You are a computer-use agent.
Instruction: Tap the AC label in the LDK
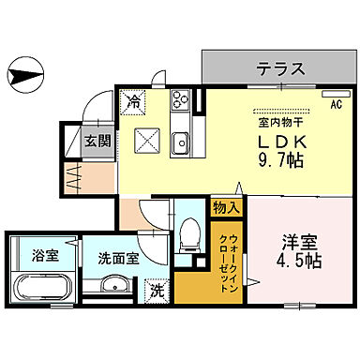335,104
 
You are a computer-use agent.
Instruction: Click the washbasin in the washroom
113,286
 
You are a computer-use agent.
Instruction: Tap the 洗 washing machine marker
158,292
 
